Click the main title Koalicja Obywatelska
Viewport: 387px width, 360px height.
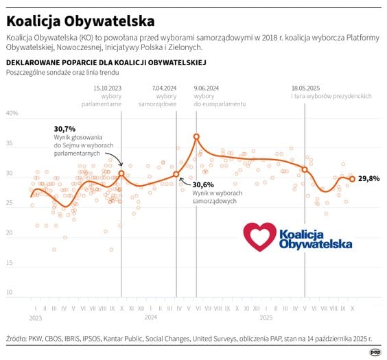[x=80, y=21]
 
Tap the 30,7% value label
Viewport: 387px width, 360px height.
[x=64, y=128]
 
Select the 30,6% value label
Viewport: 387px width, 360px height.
[x=203, y=184]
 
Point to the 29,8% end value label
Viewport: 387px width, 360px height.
[x=368, y=178]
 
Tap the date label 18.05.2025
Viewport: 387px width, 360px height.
[x=305, y=88]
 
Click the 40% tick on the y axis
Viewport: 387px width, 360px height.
[x=12, y=114]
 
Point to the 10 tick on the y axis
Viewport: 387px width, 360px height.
[x=10, y=293]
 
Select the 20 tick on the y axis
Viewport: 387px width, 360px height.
[x=10, y=233]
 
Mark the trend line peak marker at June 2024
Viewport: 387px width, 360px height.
[x=196, y=136]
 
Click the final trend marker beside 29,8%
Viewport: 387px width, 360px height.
[x=352, y=179]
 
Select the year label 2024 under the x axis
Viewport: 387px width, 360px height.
[x=151, y=318]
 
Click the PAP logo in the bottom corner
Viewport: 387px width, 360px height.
[x=375, y=352]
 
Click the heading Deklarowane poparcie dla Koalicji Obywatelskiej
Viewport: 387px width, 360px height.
[x=106, y=62]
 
